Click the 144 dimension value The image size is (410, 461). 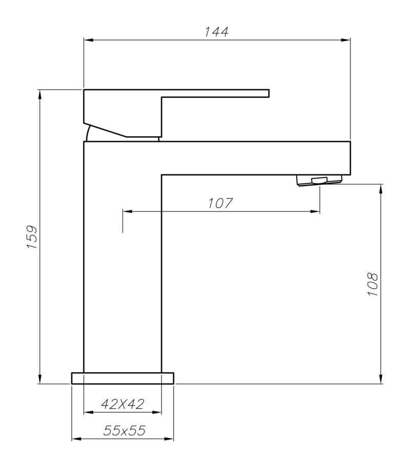coord(216,32)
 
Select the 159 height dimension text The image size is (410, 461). coord(32,237)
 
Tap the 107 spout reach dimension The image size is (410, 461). coord(220,203)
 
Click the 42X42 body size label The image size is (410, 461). coord(122,404)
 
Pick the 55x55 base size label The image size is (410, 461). coord(124,431)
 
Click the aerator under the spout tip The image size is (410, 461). coord(318,180)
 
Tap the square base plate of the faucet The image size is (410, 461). coord(122,378)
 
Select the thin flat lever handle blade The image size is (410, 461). coord(215,93)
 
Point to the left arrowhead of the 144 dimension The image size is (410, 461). coord(87,39)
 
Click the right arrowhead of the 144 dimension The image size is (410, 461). coord(347,39)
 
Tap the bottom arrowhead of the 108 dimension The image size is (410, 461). coord(381,380)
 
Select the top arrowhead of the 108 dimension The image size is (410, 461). coord(381,187)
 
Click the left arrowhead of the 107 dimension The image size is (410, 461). coord(126,211)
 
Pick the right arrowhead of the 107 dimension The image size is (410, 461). coord(317,211)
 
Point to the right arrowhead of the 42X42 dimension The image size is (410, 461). coord(158,412)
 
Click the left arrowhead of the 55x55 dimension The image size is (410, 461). coord(75,438)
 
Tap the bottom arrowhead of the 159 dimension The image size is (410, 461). coord(39,380)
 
